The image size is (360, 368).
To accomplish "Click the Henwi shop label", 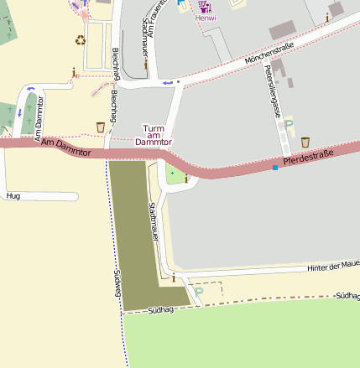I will point(205,17).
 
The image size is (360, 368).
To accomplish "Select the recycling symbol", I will point(81,39).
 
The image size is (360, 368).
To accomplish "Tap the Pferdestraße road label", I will point(309,155).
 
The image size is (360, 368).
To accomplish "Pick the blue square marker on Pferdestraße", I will point(275,168).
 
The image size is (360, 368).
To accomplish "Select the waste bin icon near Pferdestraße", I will point(305,142).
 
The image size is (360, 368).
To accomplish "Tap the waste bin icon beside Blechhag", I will point(102,127).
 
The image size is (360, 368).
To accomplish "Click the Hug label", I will point(13,196).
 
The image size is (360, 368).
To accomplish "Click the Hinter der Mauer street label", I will point(333,266).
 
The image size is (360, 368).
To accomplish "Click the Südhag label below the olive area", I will point(159,311).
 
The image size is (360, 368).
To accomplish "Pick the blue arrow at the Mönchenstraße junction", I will point(167,82).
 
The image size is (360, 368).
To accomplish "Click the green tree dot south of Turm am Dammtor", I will point(174,174).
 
